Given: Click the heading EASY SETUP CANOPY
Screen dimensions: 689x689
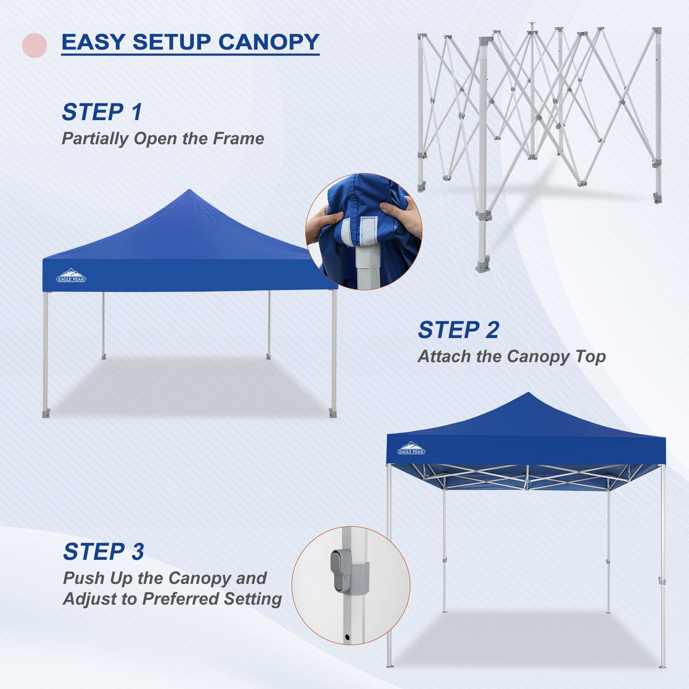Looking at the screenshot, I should (190, 42).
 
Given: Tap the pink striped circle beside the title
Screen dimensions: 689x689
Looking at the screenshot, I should (34, 45).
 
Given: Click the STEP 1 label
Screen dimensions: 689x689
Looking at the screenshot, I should (102, 112).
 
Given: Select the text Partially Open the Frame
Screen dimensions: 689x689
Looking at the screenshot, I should (163, 138).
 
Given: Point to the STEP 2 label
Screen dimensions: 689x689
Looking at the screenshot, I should (459, 330).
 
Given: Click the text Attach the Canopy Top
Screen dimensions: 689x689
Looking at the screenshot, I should (511, 356).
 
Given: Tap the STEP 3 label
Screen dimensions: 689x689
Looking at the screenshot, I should (104, 552).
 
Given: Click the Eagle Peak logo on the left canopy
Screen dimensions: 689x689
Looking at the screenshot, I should (71, 276).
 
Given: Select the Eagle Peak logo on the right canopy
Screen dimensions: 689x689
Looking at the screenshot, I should (411, 448).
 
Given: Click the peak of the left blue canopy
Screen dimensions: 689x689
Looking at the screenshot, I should (189, 191).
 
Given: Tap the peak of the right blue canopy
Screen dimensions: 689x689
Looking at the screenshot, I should (528, 394).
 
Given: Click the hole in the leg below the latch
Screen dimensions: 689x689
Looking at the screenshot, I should (347, 638).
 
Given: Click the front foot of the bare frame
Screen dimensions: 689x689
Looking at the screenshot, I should (483, 265).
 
